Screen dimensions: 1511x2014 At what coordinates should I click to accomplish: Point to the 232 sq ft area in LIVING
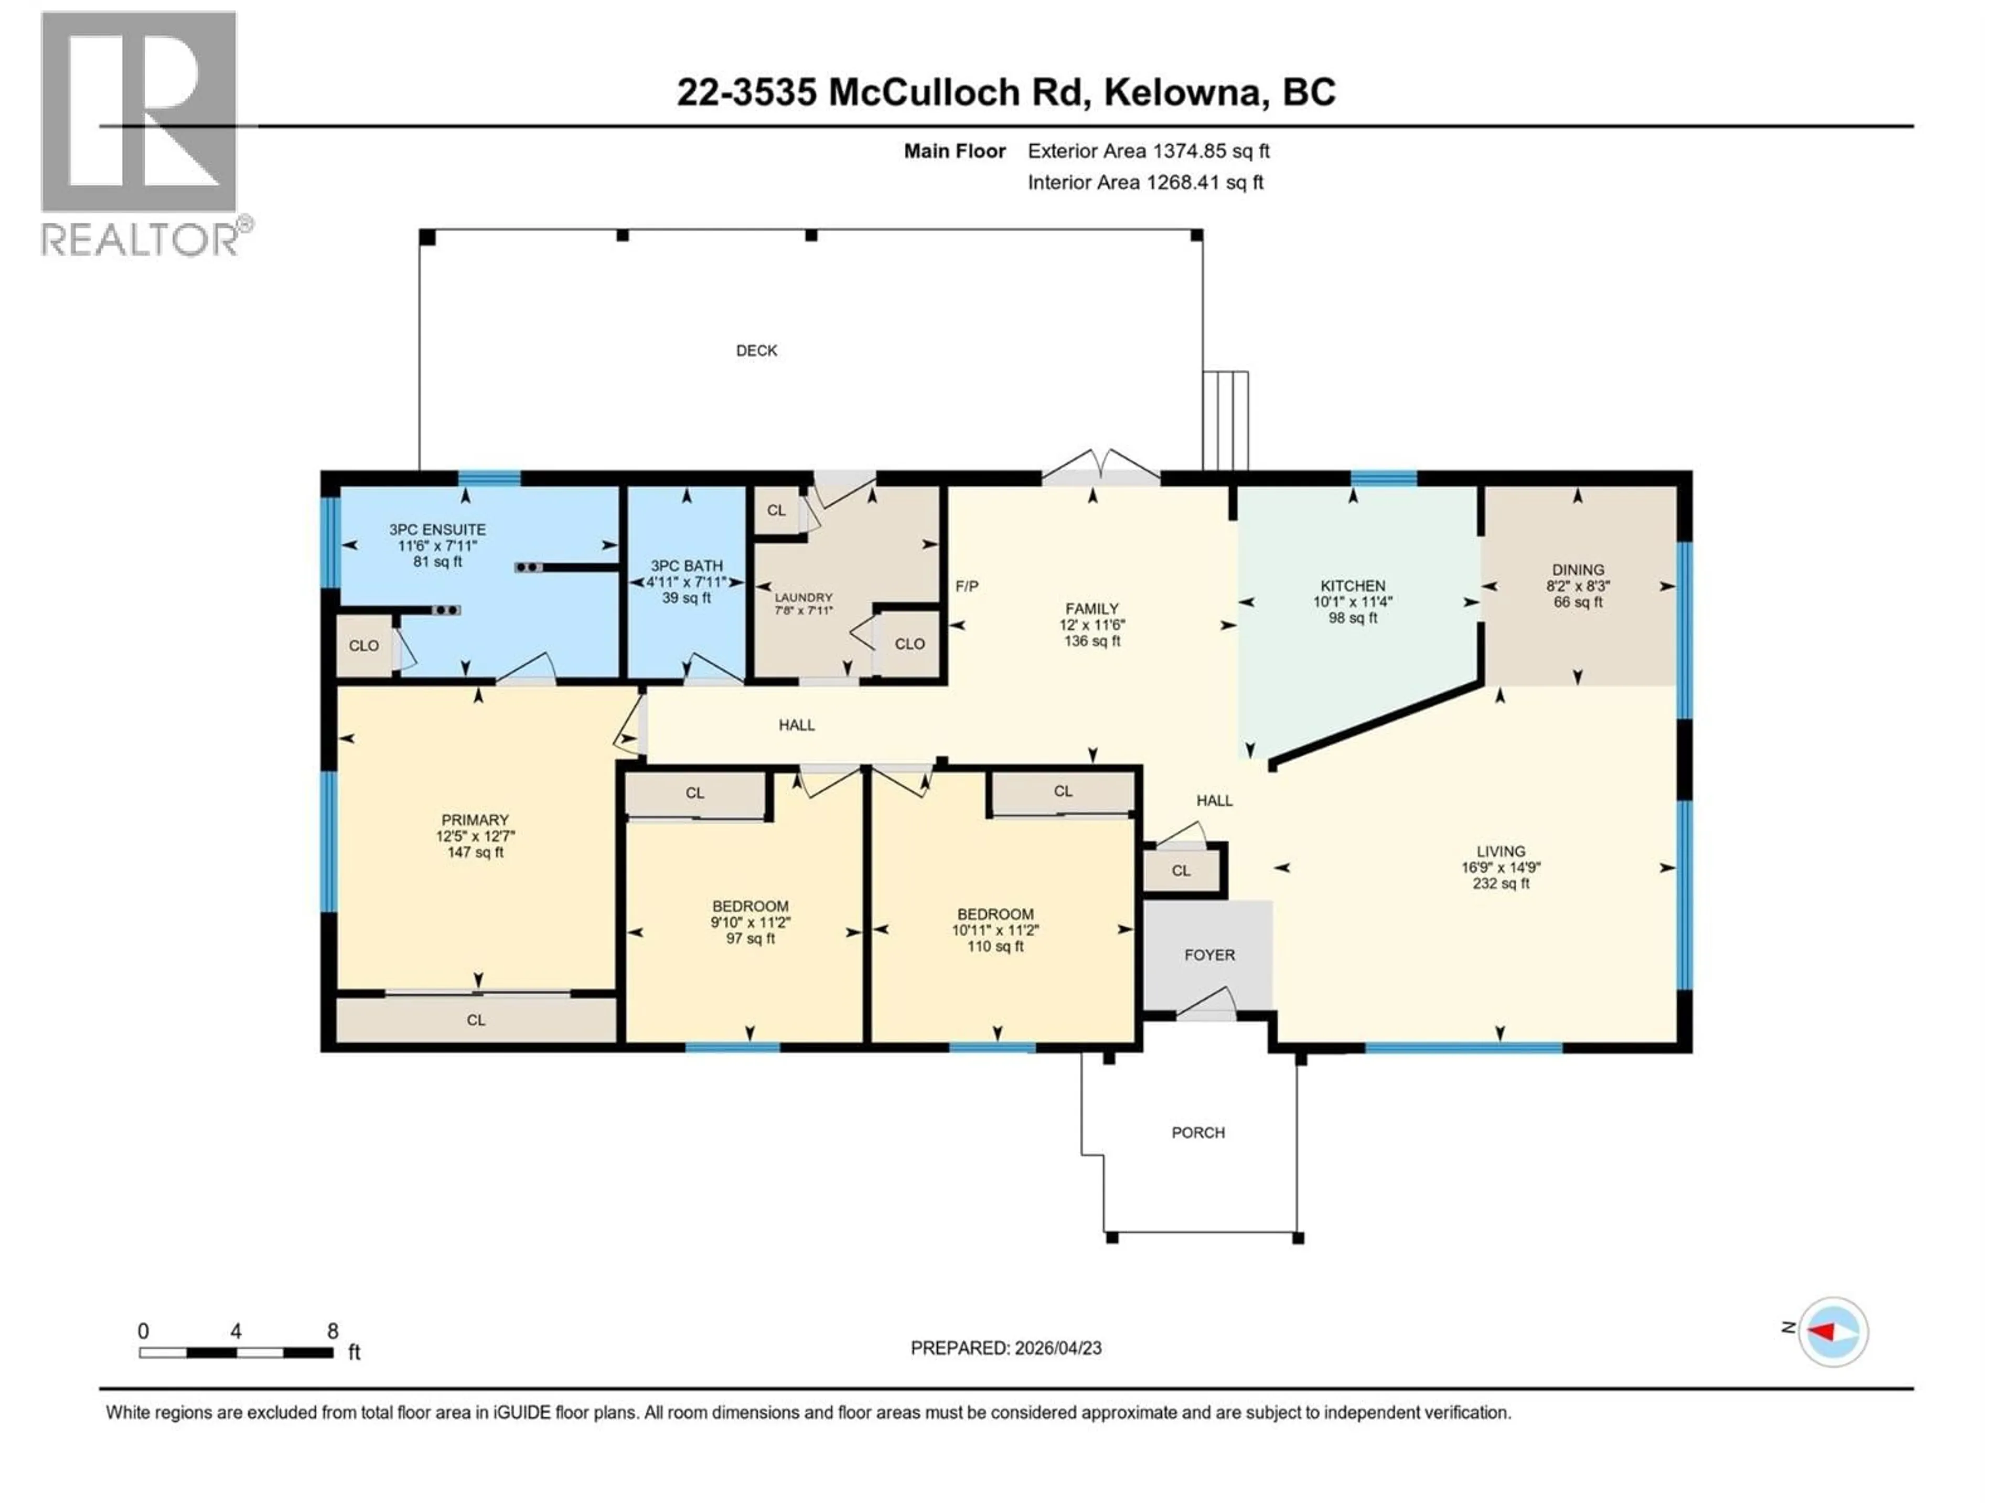pos(1501,884)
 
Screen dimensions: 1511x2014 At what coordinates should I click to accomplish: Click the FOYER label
pos(1209,954)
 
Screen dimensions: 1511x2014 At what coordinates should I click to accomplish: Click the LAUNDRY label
pos(803,598)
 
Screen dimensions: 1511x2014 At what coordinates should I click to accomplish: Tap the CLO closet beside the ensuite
pos(363,646)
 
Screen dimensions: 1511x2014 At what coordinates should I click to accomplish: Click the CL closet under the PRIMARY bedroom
pos(475,1020)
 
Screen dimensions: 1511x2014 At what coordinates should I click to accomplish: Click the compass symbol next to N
pos(1833,1332)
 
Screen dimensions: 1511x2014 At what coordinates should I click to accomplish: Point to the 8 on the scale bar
pos(333,1331)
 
